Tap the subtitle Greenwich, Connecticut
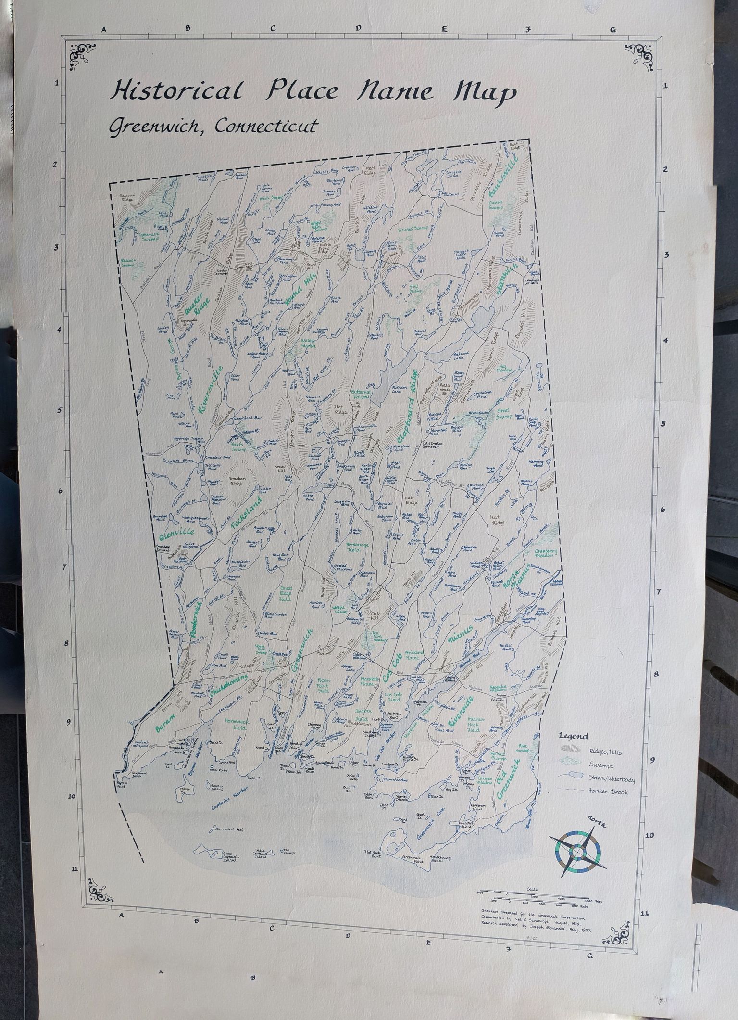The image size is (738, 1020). click(213, 126)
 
